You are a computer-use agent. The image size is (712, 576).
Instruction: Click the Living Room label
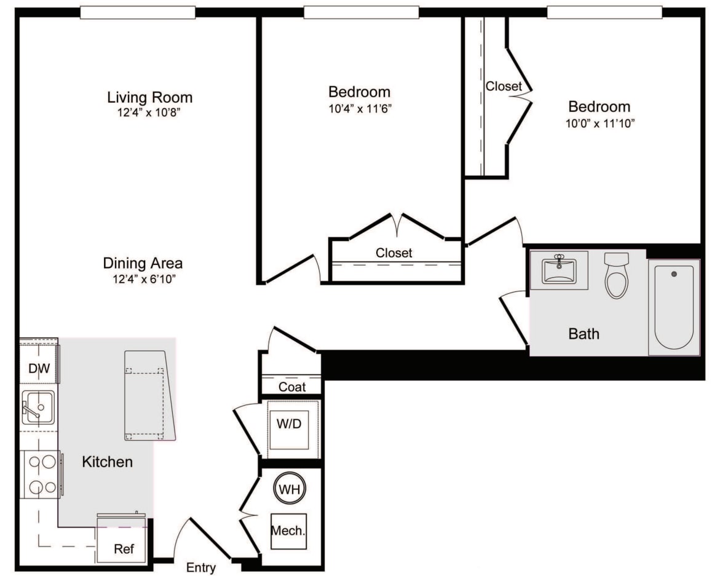coord(150,97)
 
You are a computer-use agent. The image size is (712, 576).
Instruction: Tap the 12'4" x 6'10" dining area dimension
coord(144,278)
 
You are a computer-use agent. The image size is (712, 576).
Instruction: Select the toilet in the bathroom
coord(617,275)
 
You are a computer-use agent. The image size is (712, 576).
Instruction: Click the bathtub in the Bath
coord(674,307)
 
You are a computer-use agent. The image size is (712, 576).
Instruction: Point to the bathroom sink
coord(559,270)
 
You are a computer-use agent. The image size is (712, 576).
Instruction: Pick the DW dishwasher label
coord(39,368)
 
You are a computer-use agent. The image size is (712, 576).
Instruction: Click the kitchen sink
coord(38,407)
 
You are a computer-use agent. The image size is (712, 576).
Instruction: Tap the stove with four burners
coord(41,475)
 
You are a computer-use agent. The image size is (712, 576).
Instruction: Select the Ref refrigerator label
coord(124,549)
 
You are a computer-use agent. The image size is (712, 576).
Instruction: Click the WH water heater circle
coord(290,489)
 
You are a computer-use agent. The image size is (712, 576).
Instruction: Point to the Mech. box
coord(288,531)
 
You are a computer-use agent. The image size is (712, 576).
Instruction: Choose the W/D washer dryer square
coord(289,430)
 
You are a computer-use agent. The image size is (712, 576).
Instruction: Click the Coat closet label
coord(292,387)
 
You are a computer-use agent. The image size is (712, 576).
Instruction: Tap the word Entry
coord(200,567)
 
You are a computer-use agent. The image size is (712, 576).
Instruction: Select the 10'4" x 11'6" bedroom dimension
coord(360,108)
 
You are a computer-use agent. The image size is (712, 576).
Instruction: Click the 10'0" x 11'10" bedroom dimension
coord(600,123)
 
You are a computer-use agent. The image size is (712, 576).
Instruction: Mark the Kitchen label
coord(107,462)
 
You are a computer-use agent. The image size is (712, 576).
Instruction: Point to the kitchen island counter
coord(150,395)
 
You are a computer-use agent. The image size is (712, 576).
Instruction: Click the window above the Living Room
coord(138,12)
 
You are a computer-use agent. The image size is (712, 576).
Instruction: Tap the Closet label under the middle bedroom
coord(394,253)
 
